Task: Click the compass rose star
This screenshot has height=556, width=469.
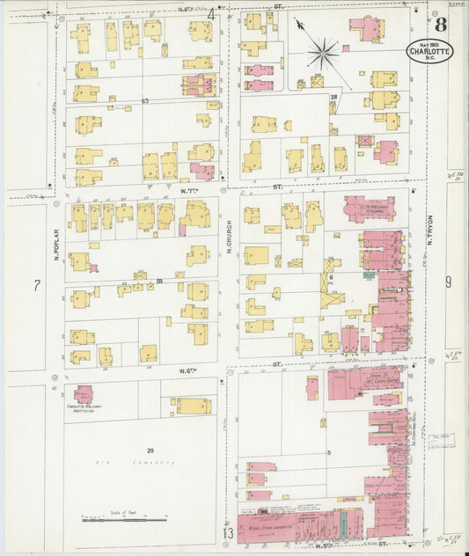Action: [323, 55]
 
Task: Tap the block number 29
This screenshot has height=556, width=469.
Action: [150, 450]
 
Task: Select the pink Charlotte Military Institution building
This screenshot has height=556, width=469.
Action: [84, 395]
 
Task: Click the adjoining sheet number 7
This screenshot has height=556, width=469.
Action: [36, 286]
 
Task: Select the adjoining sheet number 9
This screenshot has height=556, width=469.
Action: [447, 282]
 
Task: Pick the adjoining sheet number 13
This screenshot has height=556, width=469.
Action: [228, 534]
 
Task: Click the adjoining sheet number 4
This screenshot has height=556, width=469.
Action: [211, 14]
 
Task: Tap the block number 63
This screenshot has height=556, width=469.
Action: [144, 101]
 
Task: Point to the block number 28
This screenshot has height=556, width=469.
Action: [333, 97]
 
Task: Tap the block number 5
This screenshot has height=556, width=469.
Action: [329, 453]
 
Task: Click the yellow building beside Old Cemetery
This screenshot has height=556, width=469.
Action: [193, 406]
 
